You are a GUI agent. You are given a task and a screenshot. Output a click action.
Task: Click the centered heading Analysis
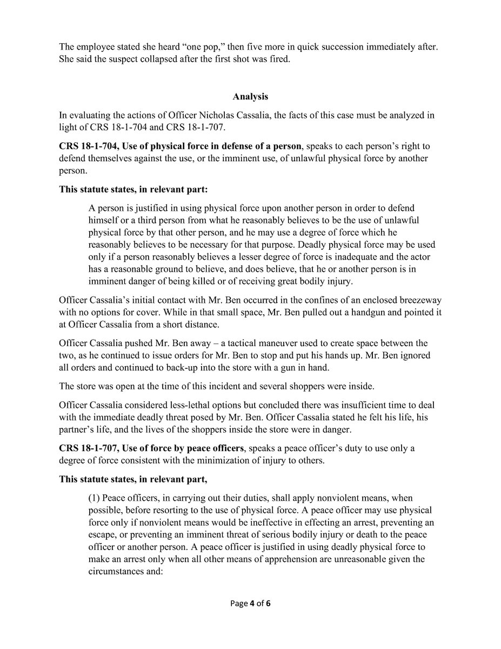click(x=250, y=97)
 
